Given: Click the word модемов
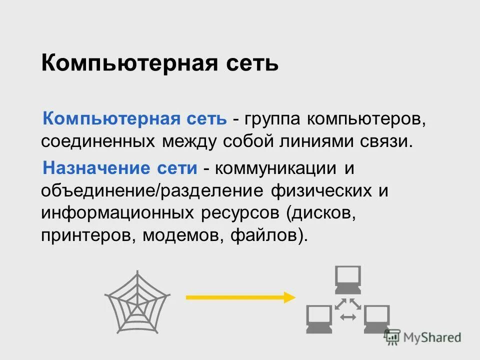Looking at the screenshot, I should click(182, 234).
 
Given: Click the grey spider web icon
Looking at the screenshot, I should click(137, 301).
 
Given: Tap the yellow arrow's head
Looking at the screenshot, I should click(289, 297).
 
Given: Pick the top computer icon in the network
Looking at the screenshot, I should click(347, 280).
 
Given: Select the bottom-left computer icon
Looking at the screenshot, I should click(318, 319).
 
